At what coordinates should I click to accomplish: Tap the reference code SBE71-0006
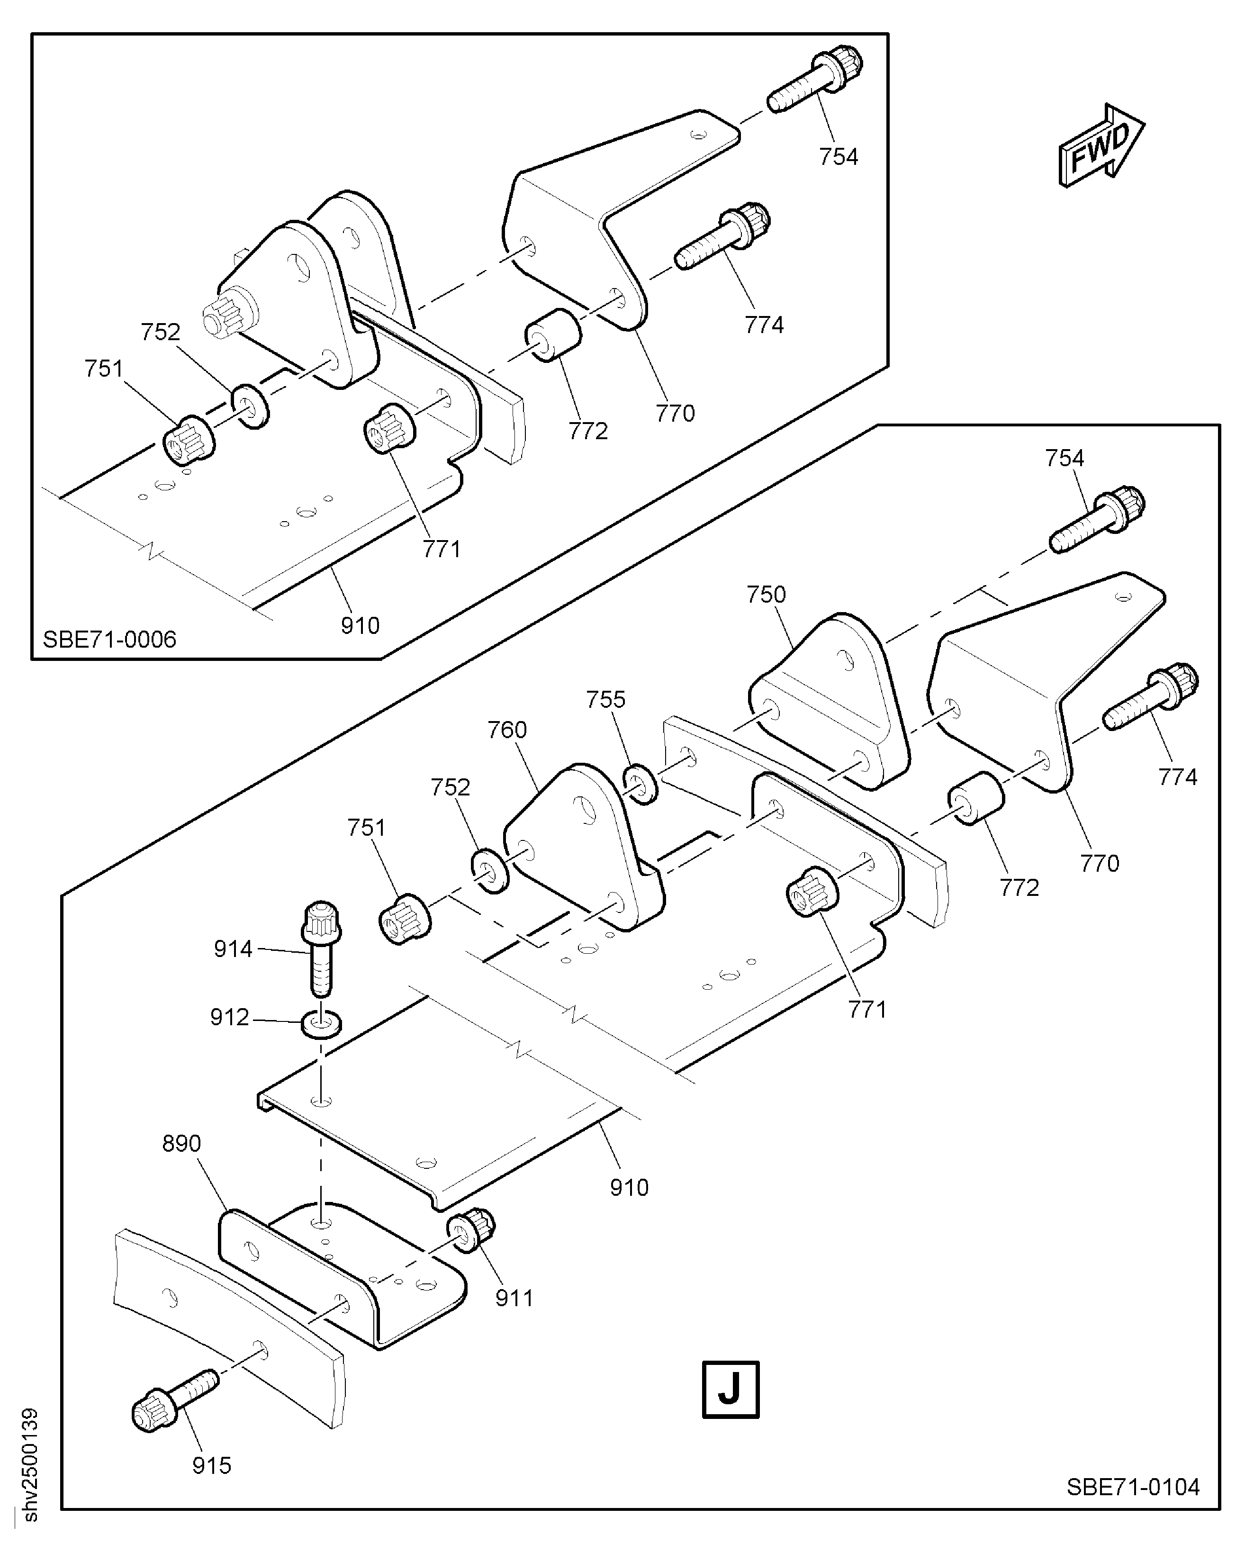(x=109, y=640)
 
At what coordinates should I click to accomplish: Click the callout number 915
(x=212, y=1465)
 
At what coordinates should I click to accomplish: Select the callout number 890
(x=181, y=1143)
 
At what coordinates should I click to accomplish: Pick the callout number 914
(x=233, y=948)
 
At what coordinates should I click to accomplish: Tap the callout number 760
(x=507, y=730)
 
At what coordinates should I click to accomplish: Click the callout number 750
(x=766, y=595)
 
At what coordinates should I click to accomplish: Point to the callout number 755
(x=605, y=699)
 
